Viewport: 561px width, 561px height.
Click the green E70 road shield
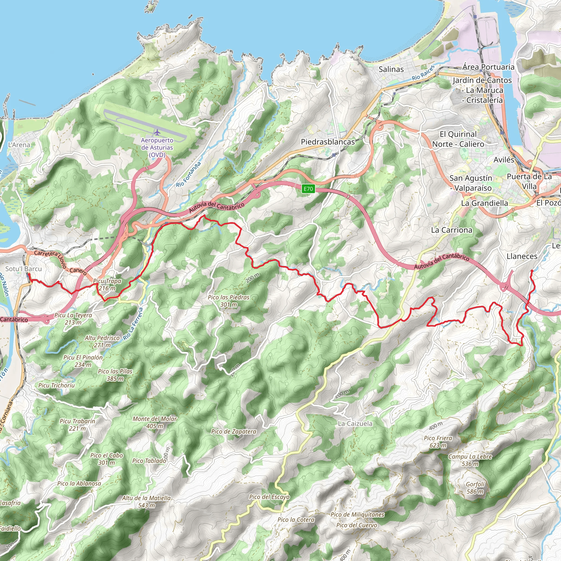(308, 189)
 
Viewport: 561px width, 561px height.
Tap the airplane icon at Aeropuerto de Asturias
(157, 133)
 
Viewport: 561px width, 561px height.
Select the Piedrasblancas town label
(328, 142)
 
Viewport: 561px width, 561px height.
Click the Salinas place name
(391, 69)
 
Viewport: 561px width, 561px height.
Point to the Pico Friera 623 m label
(438, 442)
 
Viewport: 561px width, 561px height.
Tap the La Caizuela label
(355, 424)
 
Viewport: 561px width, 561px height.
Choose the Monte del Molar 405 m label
(155, 422)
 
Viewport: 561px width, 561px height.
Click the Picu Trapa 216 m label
(107, 285)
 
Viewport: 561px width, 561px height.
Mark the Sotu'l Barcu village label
(24, 269)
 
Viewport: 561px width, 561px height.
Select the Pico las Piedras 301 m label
(228, 301)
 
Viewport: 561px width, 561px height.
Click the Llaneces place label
(522, 256)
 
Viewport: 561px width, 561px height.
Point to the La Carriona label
(451, 230)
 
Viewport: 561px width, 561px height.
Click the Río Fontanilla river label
(188, 174)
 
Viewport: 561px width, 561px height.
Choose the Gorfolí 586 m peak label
(475, 488)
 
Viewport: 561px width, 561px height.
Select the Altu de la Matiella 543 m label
(146, 502)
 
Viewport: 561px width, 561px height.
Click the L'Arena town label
(19, 145)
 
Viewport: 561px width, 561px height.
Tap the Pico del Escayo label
(269, 497)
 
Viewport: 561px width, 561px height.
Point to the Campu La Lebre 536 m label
(470, 460)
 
